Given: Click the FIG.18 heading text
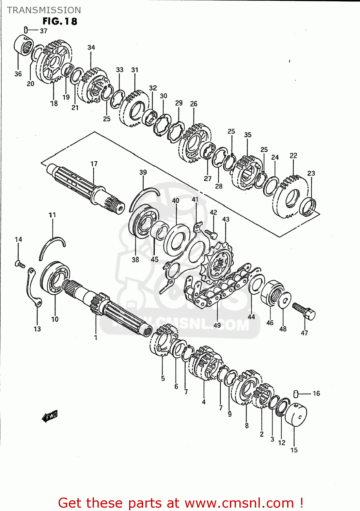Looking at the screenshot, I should (60, 21).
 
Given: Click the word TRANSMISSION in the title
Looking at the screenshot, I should (44, 10).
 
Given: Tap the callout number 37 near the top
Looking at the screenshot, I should (44, 31).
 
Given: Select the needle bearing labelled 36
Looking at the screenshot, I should (24, 45).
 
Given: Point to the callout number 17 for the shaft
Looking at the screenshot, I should (94, 164).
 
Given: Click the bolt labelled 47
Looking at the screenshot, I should (304, 311).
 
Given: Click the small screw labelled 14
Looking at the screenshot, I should (20, 263).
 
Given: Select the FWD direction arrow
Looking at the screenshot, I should (50, 416).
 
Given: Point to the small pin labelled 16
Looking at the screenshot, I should (296, 394).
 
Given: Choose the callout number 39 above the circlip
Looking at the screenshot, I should (143, 172).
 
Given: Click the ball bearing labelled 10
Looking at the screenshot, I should (55, 278).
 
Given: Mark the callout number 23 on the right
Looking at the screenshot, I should (311, 173).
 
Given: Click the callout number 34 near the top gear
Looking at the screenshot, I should (91, 48).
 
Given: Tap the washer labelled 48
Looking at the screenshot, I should (284, 300).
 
